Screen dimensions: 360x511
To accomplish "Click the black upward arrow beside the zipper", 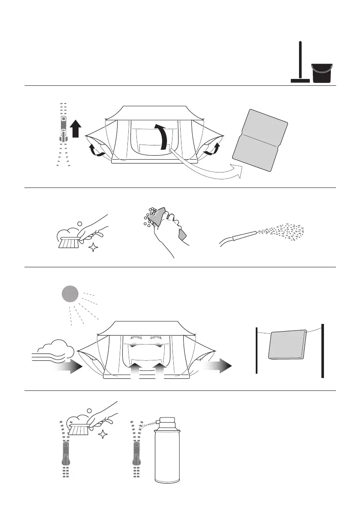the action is [76, 129].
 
